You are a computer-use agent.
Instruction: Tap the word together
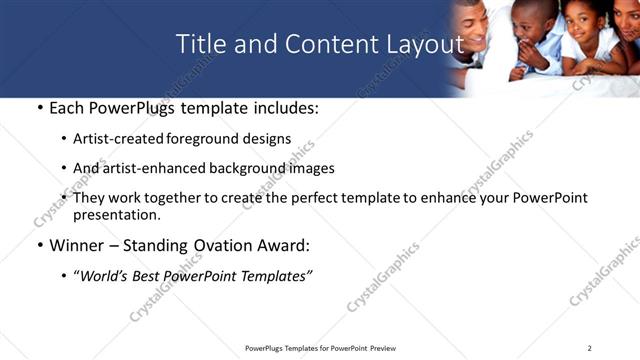(x=176, y=198)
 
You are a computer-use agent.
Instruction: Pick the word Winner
(x=75, y=245)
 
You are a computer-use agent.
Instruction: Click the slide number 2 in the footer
(x=589, y=348)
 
